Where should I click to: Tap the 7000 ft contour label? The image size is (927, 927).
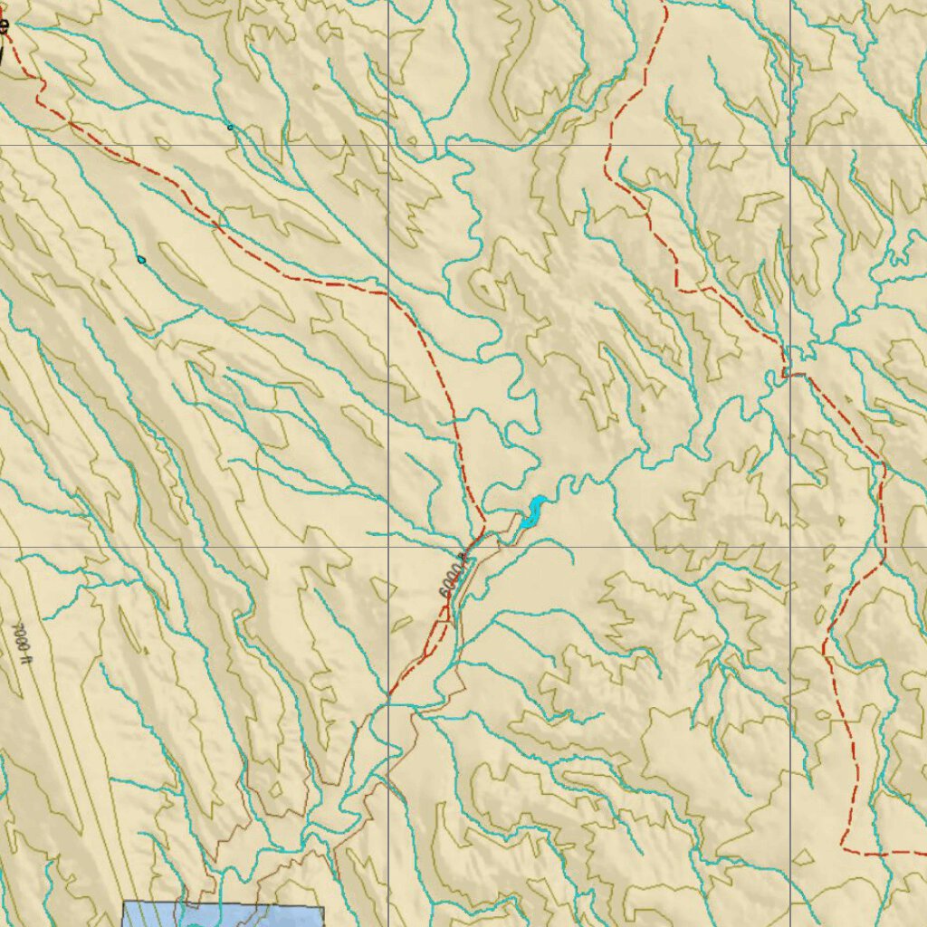[x=21, y=637]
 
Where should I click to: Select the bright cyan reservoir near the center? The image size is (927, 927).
[x=531, y=512]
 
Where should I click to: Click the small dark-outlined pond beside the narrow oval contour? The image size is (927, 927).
[x=141, y=260]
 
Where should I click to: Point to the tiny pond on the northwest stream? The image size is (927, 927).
[x=230, y=128]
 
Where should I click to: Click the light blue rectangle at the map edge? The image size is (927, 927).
[x=222, y=913]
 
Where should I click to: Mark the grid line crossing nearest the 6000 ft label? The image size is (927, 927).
[x=389, y=547]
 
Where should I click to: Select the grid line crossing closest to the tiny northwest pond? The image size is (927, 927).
[x=389, y=145]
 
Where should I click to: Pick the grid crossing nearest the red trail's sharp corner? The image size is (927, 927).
[x=790, y=547]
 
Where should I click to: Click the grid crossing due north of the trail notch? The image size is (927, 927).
[x=790, y=145]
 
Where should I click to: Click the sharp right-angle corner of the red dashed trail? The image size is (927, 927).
[x=842, y=851]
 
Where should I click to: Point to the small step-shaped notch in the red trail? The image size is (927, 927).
[x=789, y=372]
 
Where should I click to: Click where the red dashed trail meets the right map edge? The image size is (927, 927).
[x=923, y=854]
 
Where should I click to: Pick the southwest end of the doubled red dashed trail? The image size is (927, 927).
[x=389, y=697]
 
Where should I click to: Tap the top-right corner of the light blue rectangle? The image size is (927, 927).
[x=322, y=906]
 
